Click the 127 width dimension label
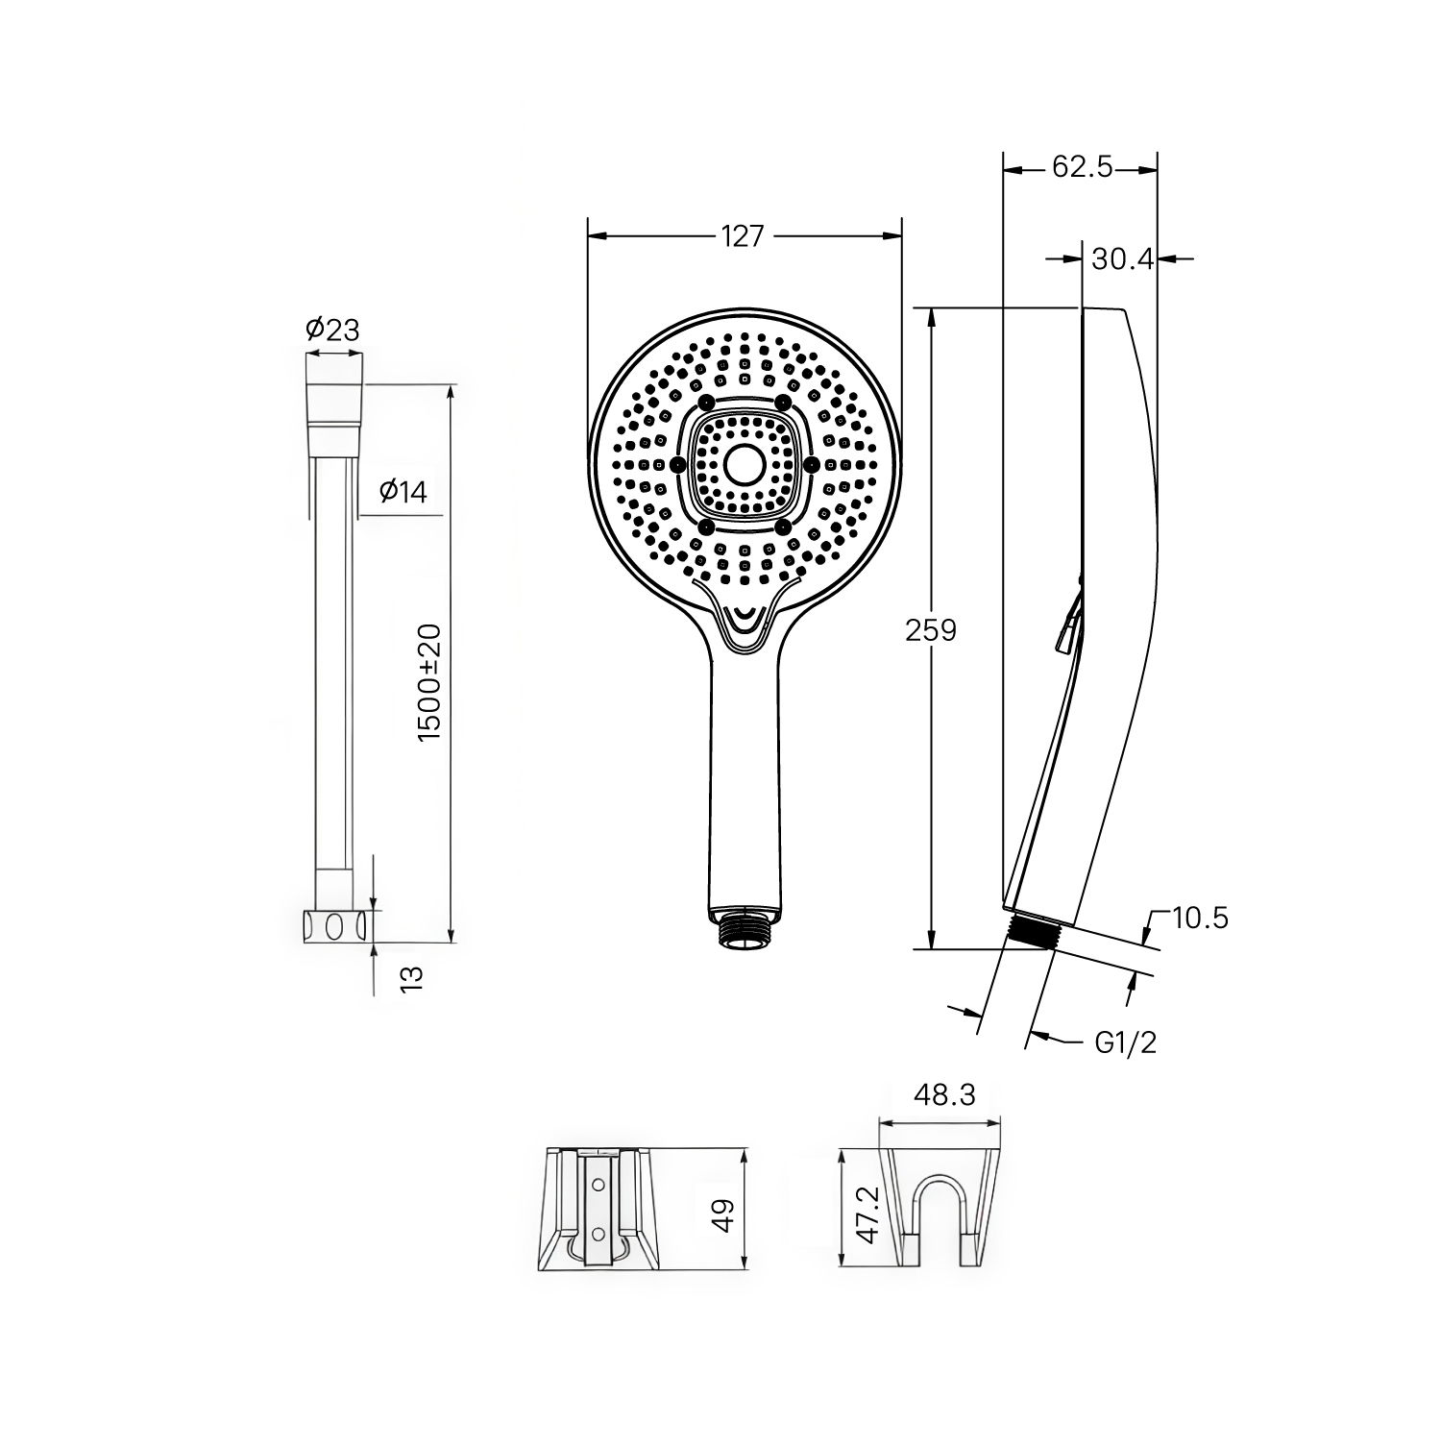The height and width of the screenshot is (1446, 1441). (x=742, y=236)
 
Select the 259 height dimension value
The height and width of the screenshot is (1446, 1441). (x=932, y=630)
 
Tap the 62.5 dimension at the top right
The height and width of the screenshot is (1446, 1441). (x=1082, y=167)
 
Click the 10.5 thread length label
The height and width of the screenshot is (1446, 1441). (x=1200, y=919)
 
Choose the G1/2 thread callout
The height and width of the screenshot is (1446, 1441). (x=1126, y=1042)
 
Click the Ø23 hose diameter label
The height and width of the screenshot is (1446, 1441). (x=332, y=330)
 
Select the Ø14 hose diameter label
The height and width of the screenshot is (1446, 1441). (x=403, y=492)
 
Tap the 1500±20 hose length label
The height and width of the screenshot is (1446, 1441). (x=429, y=681)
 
